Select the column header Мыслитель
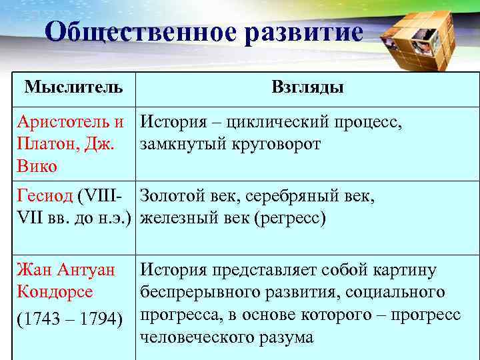73,87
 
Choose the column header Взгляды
307,87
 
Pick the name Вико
37,166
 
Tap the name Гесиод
45,197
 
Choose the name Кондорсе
55,292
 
